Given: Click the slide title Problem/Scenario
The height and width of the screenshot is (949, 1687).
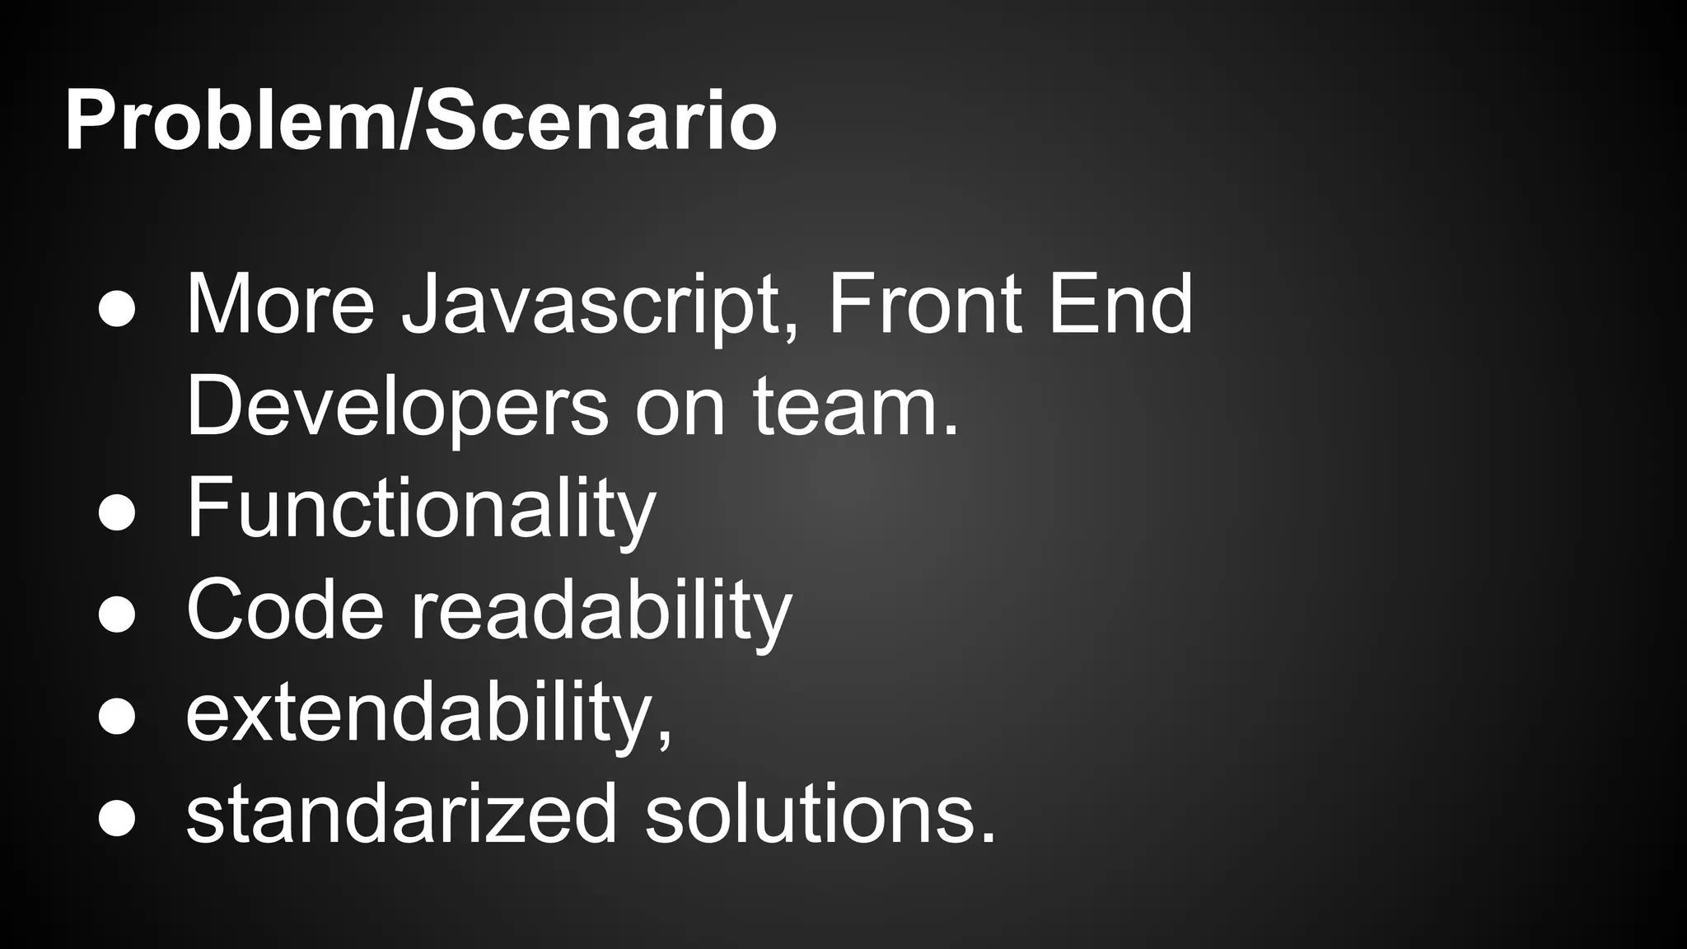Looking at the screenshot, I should tap(420, 122).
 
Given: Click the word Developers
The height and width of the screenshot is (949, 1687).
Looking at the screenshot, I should tap(396, 407).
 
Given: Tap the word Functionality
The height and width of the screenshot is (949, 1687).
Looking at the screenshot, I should tap(421, 509).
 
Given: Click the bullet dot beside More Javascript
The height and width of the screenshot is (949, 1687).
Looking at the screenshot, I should tap(116, 309).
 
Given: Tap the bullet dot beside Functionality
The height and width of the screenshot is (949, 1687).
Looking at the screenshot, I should tap(116, 512).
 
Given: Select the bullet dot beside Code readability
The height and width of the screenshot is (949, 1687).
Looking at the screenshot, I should tap(116, 615).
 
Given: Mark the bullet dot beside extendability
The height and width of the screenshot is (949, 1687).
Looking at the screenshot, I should tap(116, 716).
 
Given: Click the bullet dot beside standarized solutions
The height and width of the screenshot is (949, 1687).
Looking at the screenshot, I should tap(116, 818).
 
